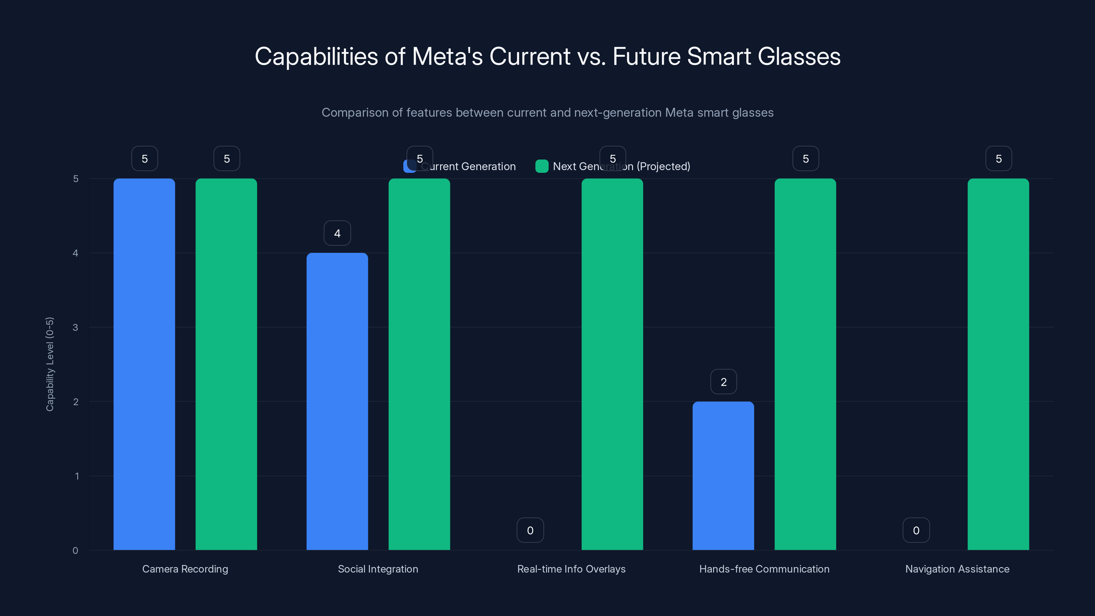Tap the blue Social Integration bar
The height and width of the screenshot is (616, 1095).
coord(337,401)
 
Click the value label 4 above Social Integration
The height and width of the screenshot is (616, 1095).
coord(337,233)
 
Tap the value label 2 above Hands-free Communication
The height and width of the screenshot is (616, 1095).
coord(723,382)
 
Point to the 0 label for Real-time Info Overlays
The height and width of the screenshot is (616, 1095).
coord(530,530)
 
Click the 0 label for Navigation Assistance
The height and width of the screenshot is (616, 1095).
coord(916,530)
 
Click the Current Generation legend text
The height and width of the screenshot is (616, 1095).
coord(468,166)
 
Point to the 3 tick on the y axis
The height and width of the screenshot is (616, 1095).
coord(75,328)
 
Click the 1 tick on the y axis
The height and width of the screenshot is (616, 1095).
coord(77,476)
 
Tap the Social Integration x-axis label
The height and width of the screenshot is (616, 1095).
coord(378,569)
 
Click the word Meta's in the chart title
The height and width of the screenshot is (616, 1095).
coord(447,56)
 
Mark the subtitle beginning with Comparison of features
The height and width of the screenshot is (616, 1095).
coord(547,113)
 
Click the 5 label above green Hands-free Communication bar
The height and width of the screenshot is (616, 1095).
coord(806,158)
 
